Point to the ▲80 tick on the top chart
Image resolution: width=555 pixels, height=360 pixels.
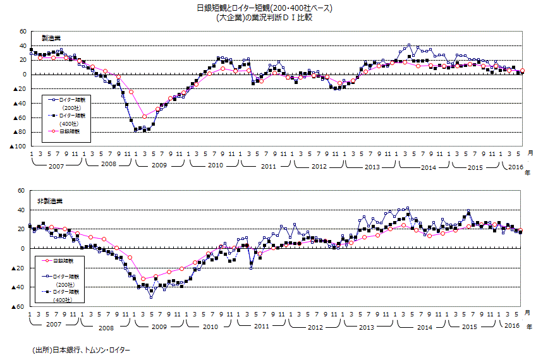tap(18, 132)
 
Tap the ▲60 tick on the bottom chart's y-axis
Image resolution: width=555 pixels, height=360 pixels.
tap(17, 307)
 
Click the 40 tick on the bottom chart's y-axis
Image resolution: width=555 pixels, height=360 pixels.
tap(21, 210)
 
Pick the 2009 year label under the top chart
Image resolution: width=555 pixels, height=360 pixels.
tap(159, 166)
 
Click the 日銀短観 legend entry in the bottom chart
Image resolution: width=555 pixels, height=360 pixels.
tap(64, 260)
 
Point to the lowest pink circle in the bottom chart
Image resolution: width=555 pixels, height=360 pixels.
tap(143, 279)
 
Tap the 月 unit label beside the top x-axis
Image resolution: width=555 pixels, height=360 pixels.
tap(530, 152)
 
